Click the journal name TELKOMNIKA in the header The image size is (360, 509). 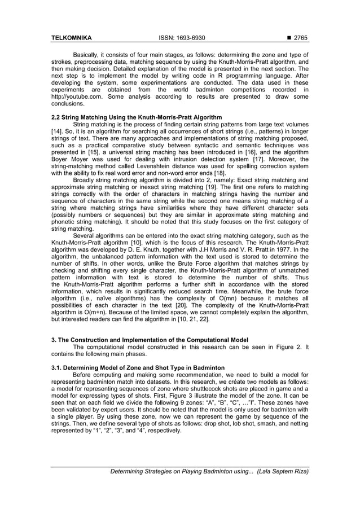click(x=72, y=38)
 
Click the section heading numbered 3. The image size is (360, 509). click(x=150, y=340)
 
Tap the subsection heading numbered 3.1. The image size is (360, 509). click(x=138, y=367)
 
